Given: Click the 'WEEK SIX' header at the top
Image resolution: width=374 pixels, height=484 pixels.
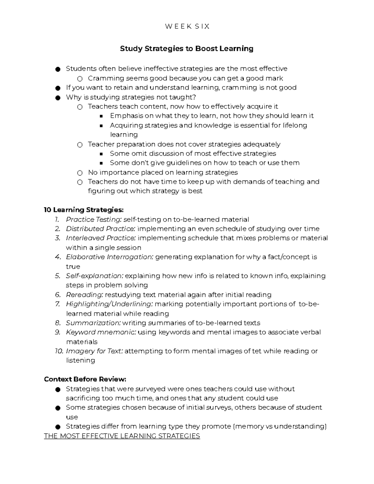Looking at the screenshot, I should pyautogui.click(x=187, y=26).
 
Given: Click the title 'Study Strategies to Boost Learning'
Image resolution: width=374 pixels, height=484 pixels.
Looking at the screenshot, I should pyautogui.click(x=187, y=49).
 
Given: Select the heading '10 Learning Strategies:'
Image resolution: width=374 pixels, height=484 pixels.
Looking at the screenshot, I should pyautogui.click(x=84, y=210).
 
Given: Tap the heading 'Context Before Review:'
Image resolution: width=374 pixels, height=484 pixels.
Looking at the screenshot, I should pyautogui.click(x=85, y=379).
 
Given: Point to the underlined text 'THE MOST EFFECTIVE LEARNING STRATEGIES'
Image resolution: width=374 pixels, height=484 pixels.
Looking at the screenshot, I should pyautogui.click(x=122, y=436).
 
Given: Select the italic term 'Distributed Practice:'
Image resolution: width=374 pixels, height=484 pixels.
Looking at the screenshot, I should pyautogui.click(x=100, y=229).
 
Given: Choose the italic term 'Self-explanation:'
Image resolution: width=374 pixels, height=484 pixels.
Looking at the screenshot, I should pyautogui.click(x=95, y=276).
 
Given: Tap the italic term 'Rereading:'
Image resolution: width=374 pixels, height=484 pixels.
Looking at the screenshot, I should pyautogui.click(x=84, y=295).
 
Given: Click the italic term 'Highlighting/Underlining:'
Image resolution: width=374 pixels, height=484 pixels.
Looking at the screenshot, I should pyautogui.click(x=109, y=304).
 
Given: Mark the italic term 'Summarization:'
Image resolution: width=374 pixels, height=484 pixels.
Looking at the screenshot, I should pyautogui.click(x=93, y=323).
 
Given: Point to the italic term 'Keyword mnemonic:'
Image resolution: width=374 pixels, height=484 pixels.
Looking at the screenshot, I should pyautogui.click(x=101, y=332).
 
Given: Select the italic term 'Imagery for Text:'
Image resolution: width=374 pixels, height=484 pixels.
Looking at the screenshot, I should pyautogui.click(x=94, y=351).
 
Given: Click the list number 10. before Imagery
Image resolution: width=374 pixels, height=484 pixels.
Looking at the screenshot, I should pyautogui.click(x=59, y=351).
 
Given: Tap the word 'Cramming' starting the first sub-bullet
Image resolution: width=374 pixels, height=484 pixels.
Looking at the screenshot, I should pyautogui.click(x=103, y=78).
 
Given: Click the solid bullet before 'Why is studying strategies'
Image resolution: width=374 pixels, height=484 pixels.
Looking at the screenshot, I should pyautogui.click(x=57, y=98).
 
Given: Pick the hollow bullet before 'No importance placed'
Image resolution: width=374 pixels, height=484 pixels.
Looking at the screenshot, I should pyautogui.click(x=80, y=173).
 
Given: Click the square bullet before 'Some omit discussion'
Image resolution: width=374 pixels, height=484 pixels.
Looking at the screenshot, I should pyautogui.click(x=101, y=154).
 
